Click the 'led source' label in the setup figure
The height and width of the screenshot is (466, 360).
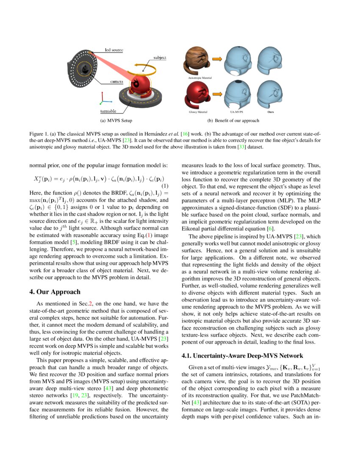coord(114,50)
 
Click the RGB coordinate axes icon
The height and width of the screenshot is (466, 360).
coord(103,100)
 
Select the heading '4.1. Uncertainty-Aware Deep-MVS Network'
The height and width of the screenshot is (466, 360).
coord(242,355)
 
